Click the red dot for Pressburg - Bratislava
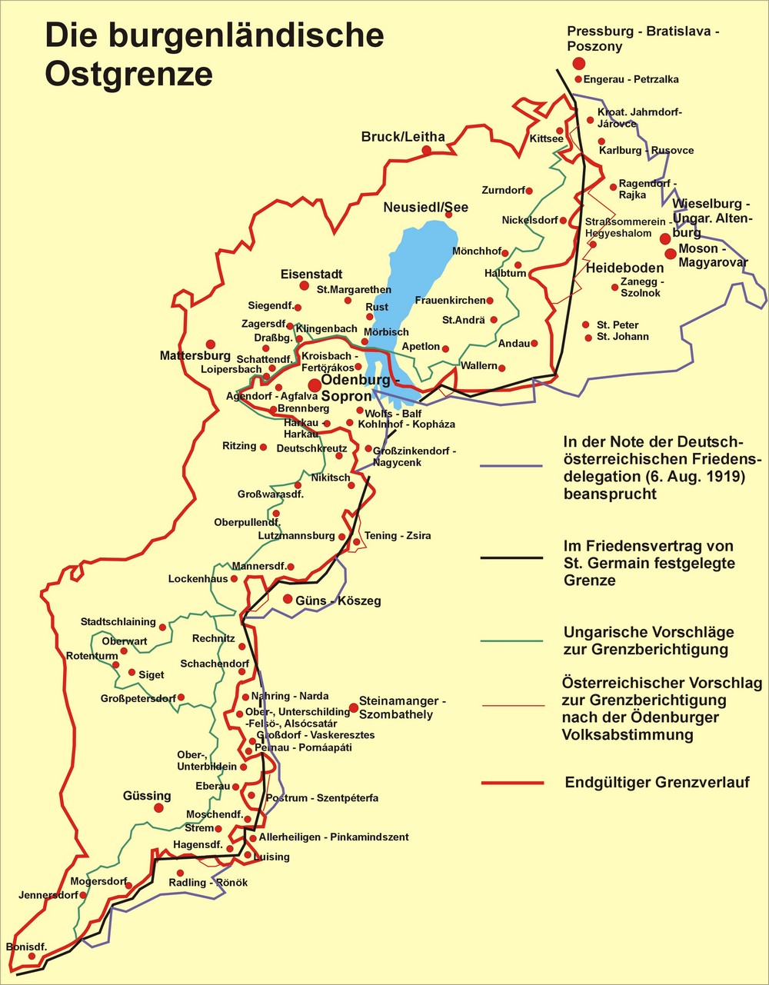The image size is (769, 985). pos(578,62)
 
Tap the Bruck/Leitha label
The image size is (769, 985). pos(403,137)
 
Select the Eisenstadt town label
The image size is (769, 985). pos(311,275)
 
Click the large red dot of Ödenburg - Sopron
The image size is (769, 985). pos(315,385)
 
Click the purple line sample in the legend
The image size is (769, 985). pos(511,467)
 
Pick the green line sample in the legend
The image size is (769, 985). pos(511,641)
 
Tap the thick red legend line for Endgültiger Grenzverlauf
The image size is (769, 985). pos(511,783)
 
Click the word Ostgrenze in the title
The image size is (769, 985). pos(128,74)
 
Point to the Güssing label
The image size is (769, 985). pos(147,796)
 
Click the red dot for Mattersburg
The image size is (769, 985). pos(210,344)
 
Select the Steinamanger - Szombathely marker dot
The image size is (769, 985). pos(354,707)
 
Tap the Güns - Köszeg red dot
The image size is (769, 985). pos(288,599)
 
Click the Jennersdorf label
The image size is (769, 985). pos(48,895)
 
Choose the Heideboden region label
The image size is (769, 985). pos(624,268)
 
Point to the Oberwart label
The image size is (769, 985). pos(125,641)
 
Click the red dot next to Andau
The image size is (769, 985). pos(534,344)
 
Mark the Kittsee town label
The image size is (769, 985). pos(546,138)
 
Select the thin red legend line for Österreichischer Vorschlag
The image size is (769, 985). pos(511,705)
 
